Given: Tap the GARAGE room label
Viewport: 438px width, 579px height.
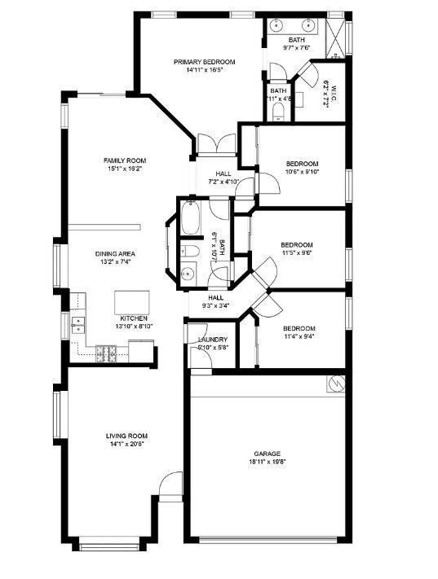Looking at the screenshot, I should click(x=267, y=454).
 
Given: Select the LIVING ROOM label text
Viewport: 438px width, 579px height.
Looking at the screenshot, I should click(x=126, y=436).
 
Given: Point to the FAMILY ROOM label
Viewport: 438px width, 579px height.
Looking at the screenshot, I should click(x=124, y=160).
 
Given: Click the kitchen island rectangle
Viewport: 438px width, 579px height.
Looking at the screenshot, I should click(x=131, y=301).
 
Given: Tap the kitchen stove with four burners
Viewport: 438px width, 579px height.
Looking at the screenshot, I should click(x=106, y=353).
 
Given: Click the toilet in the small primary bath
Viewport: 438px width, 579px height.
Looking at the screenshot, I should click(x=279, y=108).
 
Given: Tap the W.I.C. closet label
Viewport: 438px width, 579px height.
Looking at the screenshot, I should click(x=325, y=94).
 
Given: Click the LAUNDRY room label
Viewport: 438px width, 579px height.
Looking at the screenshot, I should click(x=212, y=339).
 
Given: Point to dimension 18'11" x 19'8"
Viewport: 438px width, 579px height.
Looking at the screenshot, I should click(x=267, y=462).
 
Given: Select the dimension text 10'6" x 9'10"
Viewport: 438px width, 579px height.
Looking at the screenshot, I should click(x=301, y=172).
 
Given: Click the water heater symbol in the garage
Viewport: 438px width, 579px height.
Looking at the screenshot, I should click(x=335, y=382).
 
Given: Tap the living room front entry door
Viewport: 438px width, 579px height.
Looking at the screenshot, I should click(x=170, y=487).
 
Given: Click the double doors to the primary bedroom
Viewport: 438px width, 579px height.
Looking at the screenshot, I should click(x=216, y=147).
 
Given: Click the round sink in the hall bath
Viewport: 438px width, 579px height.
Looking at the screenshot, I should click(x=188, y=274).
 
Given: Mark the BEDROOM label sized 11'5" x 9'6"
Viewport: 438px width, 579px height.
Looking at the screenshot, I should click(x=297, y=244).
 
